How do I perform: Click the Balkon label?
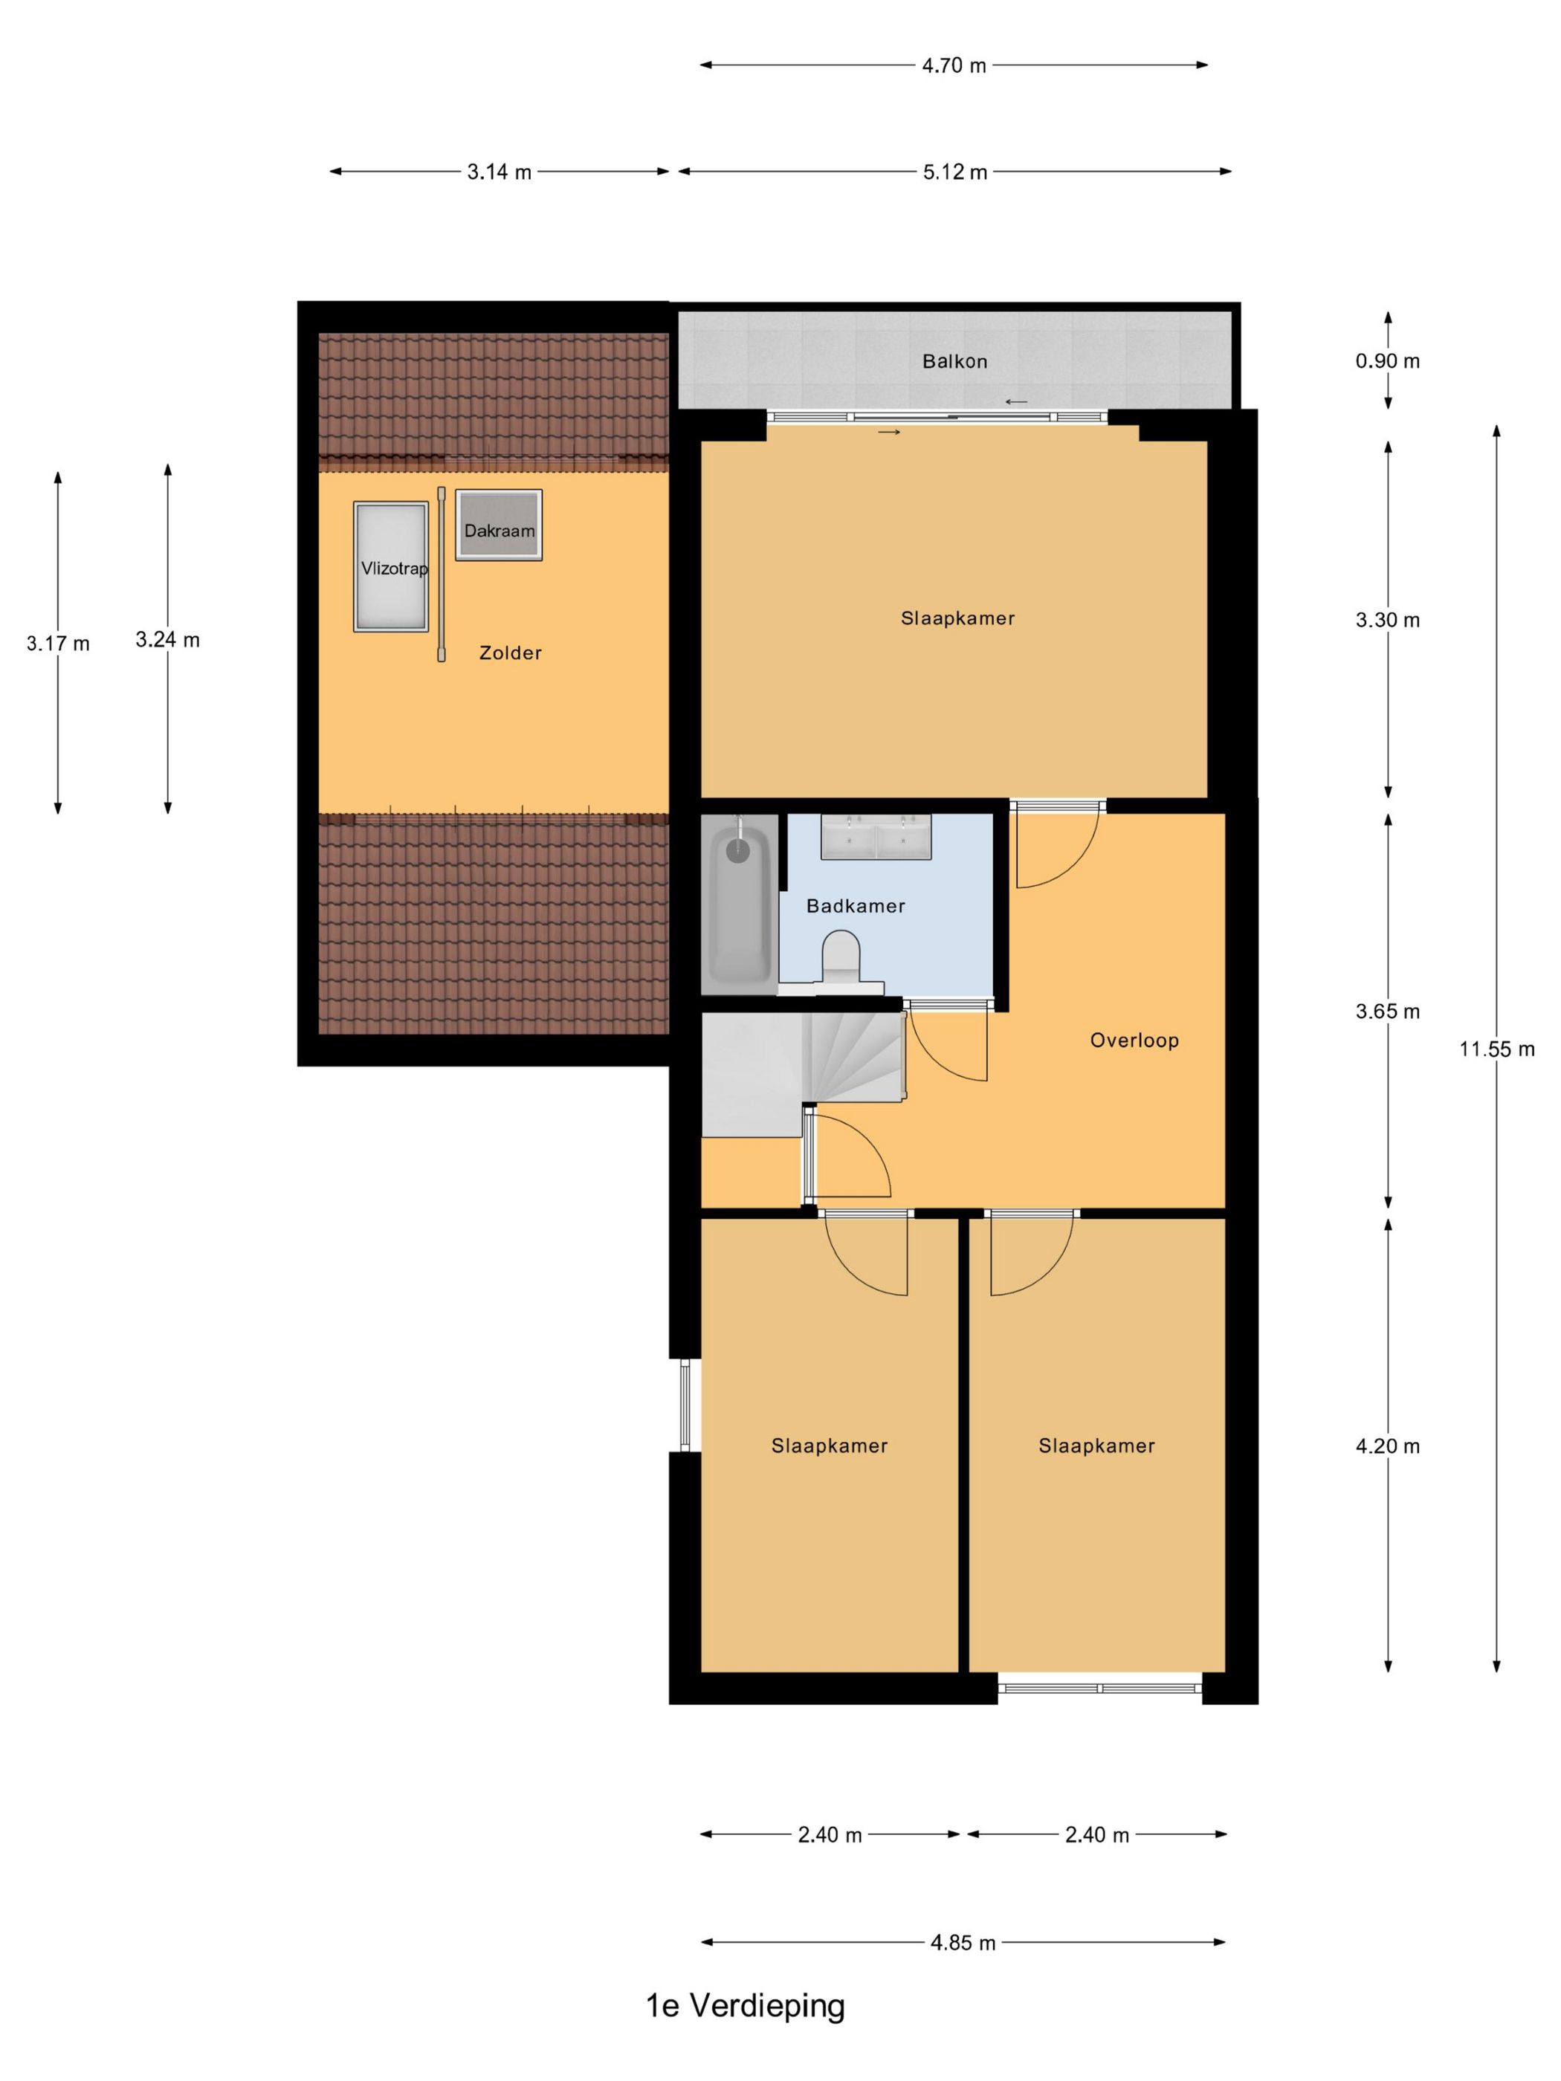(x=954, y=361)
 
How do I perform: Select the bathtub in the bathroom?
(x=740, y=902)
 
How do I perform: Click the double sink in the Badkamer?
(x=876, y=836)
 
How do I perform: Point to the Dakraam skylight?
(x=499, y=525)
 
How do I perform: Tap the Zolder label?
(x=510, y=653)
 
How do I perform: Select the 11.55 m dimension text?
(x=1496, y=1049)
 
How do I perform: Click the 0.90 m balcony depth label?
(x=1387, y=361)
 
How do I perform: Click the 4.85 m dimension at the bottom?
(x=963, y=1943)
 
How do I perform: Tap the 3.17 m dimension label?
(x=58, y=644)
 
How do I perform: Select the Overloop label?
(x=1134, y=1040)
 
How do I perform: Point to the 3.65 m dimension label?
(x=1387, y=1012)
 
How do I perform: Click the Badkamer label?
(x=856, y=906)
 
